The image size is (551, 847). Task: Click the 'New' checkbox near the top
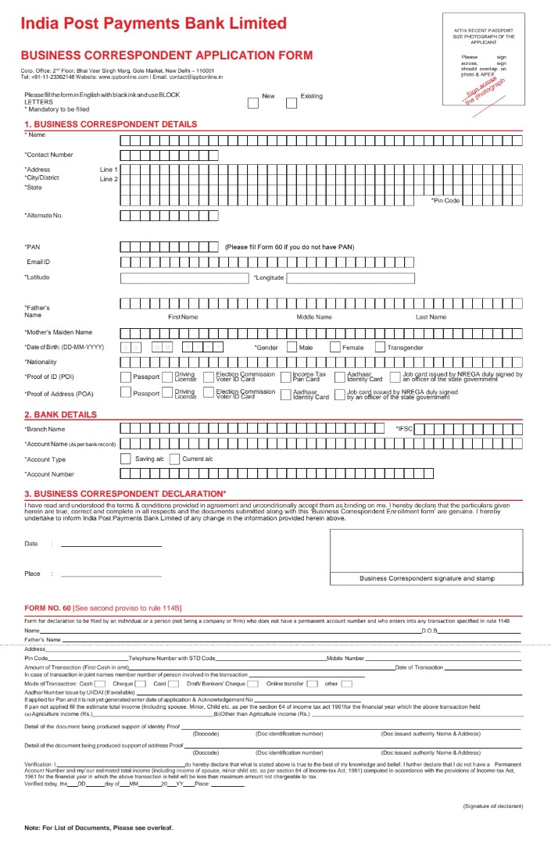252,102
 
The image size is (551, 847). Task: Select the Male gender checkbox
292,347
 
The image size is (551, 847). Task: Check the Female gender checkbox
335,347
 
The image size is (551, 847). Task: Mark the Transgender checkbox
381,347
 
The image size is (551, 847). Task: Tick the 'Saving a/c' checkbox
125,459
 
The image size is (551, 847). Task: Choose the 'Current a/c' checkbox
174,459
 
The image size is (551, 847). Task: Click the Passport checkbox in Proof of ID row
126,377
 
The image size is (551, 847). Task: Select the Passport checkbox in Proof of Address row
126,393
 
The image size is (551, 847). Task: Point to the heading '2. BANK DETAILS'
60,415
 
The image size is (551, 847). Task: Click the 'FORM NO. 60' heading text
48,608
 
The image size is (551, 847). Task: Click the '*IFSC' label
404,429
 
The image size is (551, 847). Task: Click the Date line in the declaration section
111,544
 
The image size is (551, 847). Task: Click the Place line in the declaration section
111,574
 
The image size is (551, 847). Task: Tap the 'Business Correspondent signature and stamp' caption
427,578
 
